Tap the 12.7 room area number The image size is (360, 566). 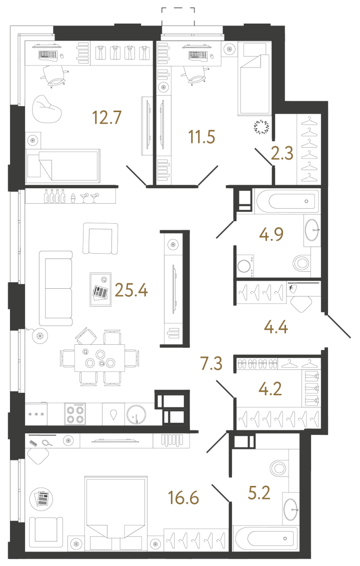[x=107, y=118]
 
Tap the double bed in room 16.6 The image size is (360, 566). [x=115, y=510]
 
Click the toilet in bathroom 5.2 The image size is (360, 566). [x=277, y=467]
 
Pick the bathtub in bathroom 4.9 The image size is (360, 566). [x=286, y=201]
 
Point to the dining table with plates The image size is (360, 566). [x=100, y=357]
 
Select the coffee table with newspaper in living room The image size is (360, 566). [x=100, y=289]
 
